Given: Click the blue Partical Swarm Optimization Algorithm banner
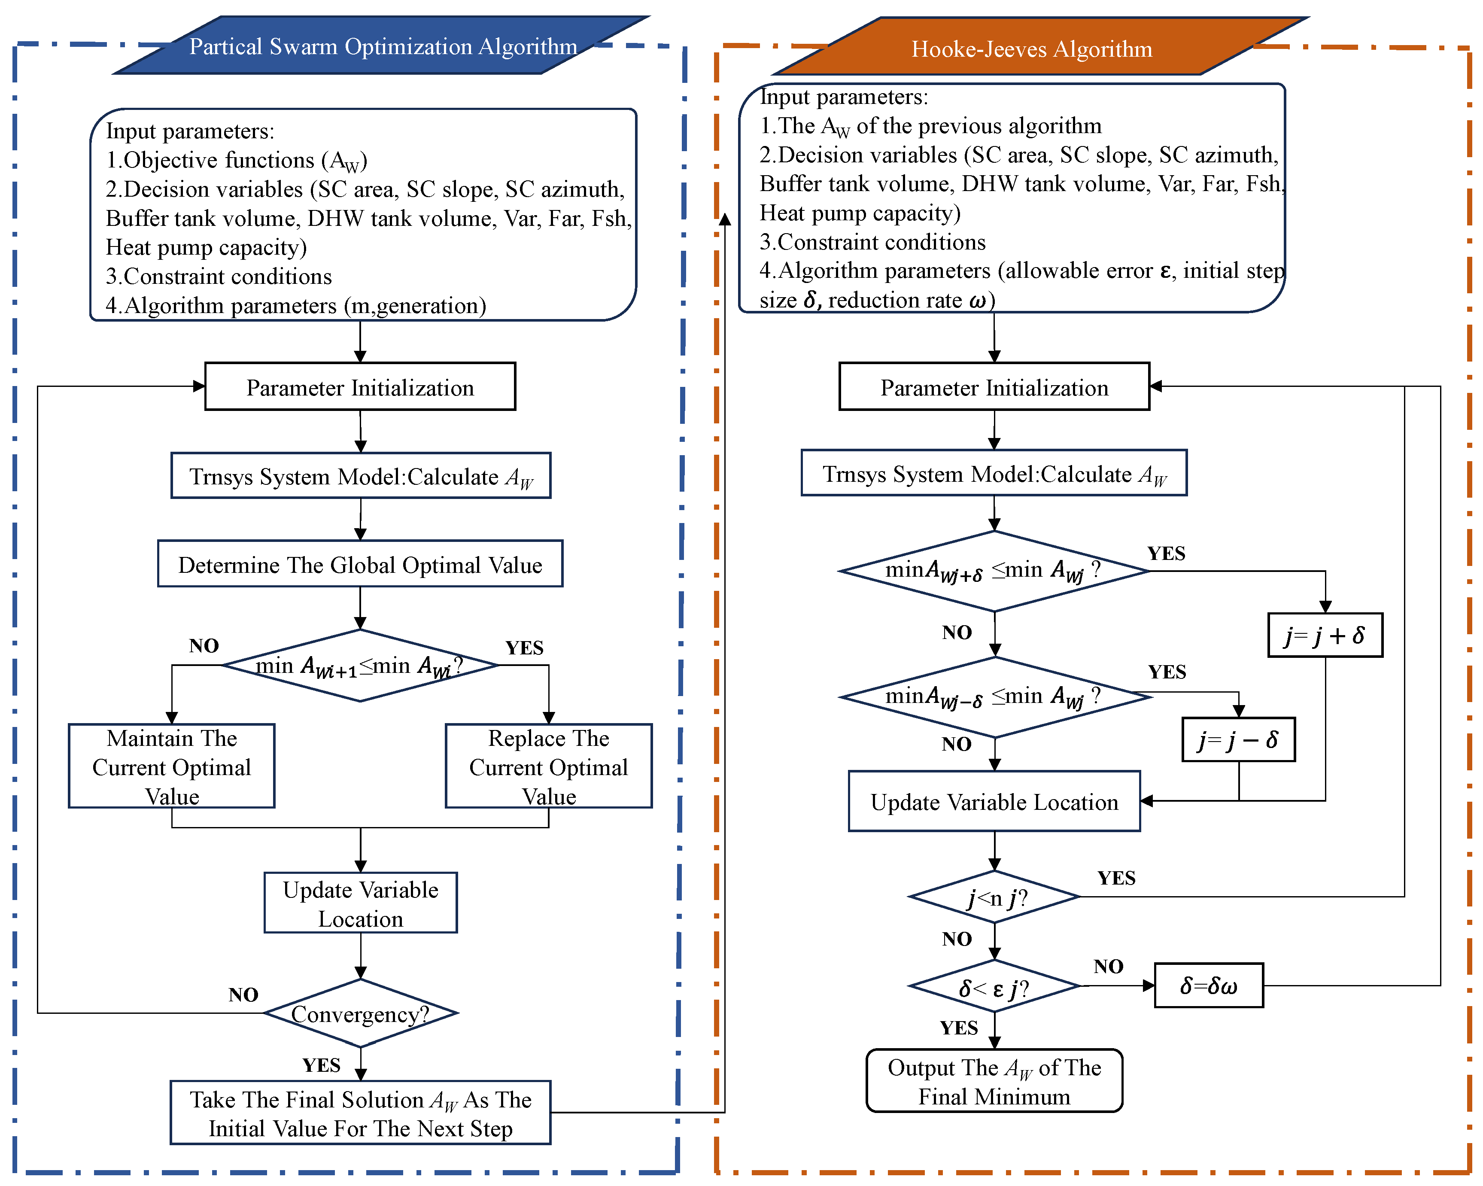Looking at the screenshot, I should click(383, 46).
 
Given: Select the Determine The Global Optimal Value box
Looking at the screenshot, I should click(360, 564).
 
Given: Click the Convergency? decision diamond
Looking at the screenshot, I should click(360, 1013).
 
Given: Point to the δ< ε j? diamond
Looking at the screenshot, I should click(994, 987).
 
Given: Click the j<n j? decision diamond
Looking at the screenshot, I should click(994, 897).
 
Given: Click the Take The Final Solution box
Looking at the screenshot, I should click(360, 1113).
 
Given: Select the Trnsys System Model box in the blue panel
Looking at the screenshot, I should click(360, 475).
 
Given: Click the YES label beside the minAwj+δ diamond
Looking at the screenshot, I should click(1166, 553).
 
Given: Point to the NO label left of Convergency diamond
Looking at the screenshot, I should click(243, 994).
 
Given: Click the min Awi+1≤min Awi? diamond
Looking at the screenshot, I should click(360, 665).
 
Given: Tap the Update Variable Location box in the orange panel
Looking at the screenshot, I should click(994, 801).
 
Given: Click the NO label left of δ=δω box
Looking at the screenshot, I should click(1108, 966).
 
